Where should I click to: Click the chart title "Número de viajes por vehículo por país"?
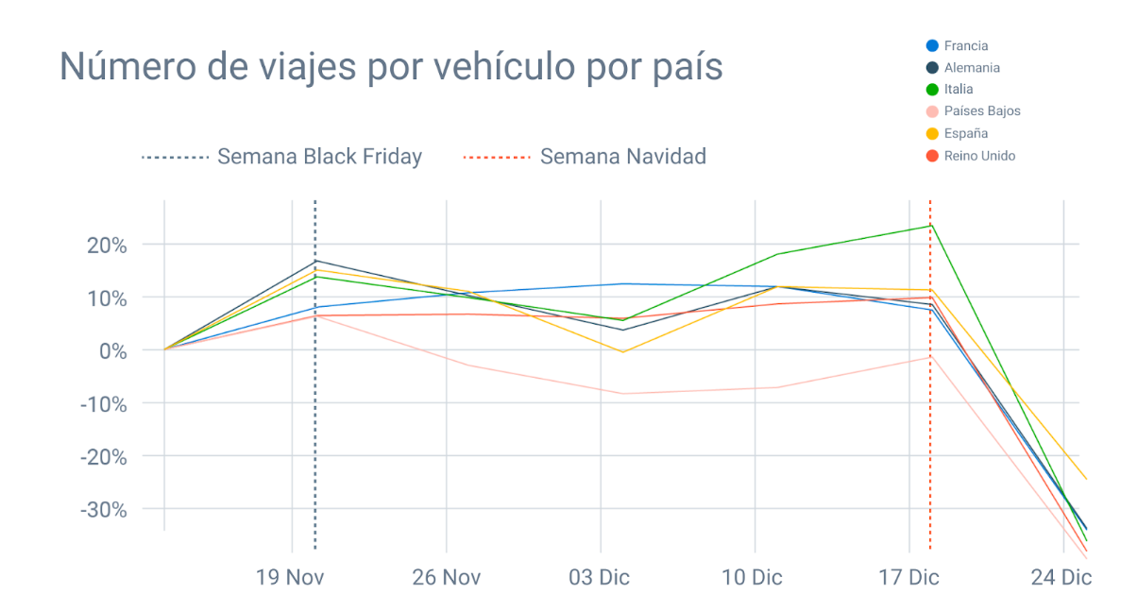pyautogui.click(x=391, y=67)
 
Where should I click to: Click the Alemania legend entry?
pyautogui.click(x=971, y=68)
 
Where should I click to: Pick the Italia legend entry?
pyautogui.click(x=958, y=90)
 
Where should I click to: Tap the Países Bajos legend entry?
pyautogui.click(x=981, y=111)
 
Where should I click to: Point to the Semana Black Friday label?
pyautogui.click(x=319, y=157)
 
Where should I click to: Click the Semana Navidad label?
pyautogui.click(x=622, y=157)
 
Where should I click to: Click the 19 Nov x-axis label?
pyautogui.click(x=290, y=577)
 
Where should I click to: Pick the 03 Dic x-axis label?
pyautogui.click(x=599, y=577)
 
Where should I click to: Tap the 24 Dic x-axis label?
pyautogui.click(x=1062, y=577)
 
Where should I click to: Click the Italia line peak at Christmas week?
pyautogui.click(x=930, y=226)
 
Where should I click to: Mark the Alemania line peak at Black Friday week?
pyautogui.click(x=314, y=261)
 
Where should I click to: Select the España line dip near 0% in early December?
pyautogui.click(x=622, y=352)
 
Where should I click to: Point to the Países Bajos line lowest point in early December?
pyautogui.click(x=622, y=394)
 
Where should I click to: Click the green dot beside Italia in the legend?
pyautogui.click(x=932, y=90)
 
